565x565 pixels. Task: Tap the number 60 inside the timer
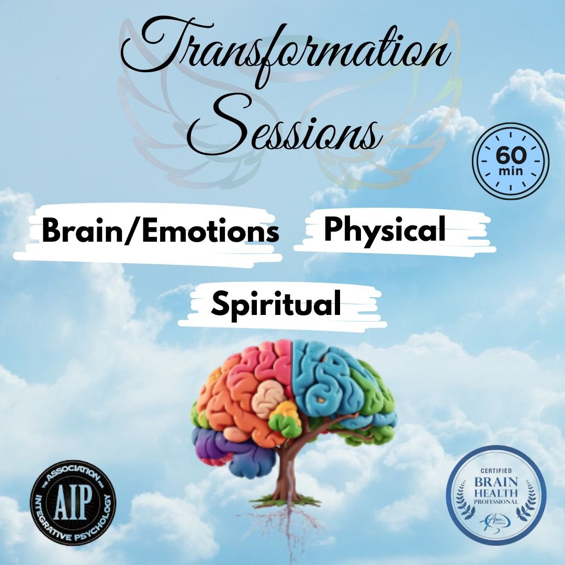click(510, 156)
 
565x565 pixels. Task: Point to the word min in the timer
click(510, 171)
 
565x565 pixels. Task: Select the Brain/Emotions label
click(160, 232)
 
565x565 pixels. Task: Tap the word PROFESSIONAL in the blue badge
click(496, 502)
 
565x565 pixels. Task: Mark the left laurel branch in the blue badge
click(463, 494)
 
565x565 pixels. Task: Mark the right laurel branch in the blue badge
click(529, 494)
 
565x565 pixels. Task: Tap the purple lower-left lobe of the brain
click(220, 445)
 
